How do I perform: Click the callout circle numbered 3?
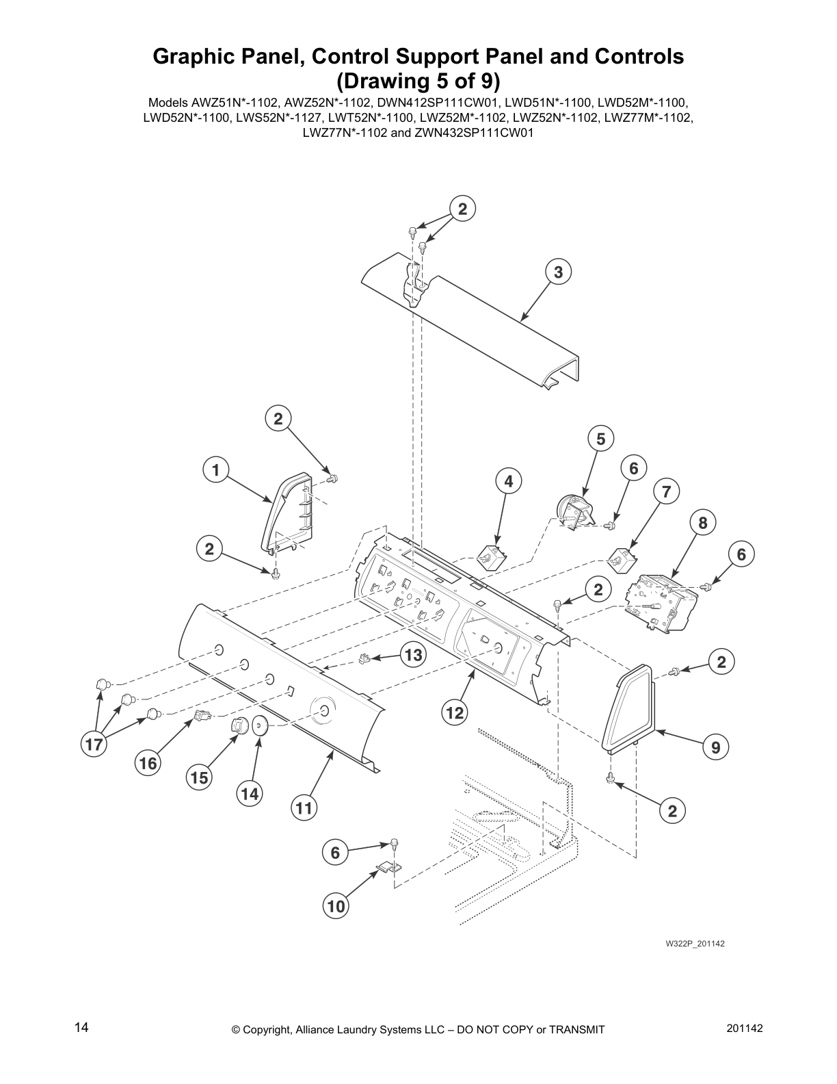[558, 272]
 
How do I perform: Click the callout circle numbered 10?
[336, 907]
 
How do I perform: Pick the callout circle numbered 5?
[600, 439]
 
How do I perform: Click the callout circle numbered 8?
[702, 523]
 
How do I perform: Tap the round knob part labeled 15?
[238, 725]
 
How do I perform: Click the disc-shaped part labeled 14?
[260, 725]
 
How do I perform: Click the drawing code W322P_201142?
[695, 944]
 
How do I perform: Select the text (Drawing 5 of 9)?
[418, 81]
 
